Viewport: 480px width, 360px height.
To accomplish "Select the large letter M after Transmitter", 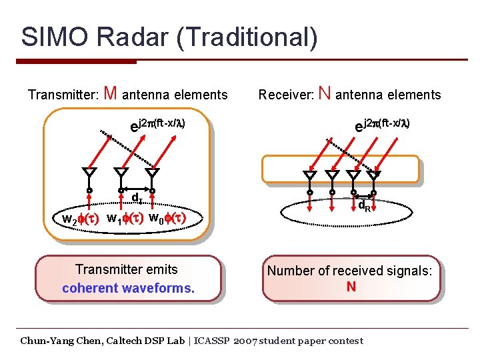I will pos(111,94).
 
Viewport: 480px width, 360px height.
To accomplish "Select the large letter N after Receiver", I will pos(325,94).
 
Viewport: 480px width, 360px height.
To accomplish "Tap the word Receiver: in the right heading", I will pos(287,95).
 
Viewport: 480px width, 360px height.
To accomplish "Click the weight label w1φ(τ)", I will pos(125,218).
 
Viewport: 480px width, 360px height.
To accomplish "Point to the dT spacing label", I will pos(136,198).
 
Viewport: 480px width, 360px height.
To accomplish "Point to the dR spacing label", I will pos(364,206).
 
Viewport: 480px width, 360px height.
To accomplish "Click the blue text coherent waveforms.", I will pos(128,288).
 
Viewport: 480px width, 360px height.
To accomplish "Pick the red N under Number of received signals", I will pos(351,287).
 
